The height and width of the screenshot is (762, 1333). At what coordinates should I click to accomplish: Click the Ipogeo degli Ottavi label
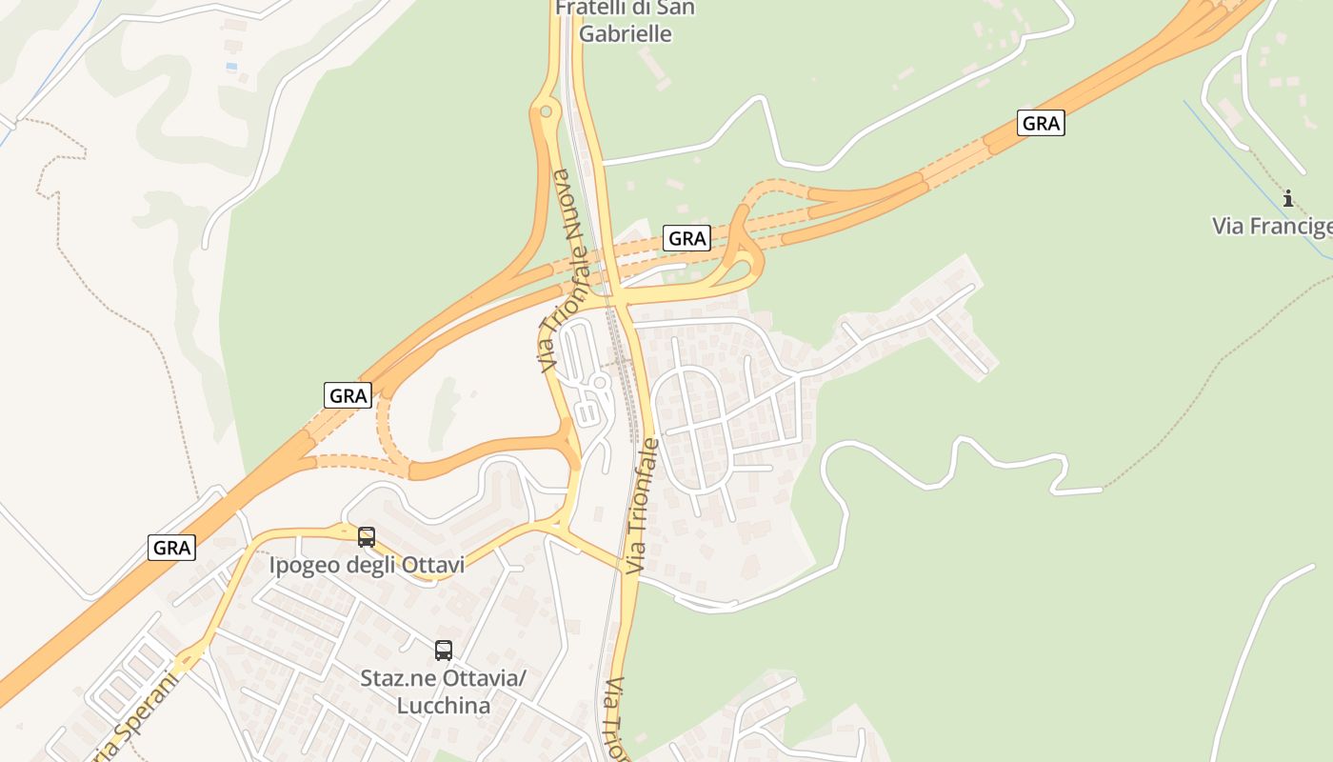pos(367,566)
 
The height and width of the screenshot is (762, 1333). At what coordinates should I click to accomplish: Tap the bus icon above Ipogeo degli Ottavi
pos(367,537)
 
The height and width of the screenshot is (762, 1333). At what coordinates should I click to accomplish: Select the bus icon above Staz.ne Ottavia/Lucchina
pos(444,651)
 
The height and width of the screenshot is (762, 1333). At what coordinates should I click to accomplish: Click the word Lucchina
pos(444,706)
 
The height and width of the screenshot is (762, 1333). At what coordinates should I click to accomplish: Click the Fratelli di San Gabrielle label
pos(625,21)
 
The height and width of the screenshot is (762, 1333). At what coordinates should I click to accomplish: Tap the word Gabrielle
pos(625,34)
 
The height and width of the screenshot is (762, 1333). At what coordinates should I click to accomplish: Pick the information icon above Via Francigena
pos(1288,198)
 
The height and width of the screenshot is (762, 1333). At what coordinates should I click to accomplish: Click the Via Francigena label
pos(1272,226)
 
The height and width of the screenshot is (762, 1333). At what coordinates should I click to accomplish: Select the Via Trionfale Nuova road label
pos(562,271)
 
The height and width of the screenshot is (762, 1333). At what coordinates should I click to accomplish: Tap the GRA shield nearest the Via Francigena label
pos(1040,123)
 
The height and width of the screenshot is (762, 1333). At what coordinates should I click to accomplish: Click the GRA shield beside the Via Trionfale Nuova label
pos(686,238)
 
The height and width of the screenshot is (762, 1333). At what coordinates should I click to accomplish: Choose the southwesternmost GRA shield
pos(172,548)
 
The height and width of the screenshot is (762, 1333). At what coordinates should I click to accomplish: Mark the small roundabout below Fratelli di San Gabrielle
pos(546,111)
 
